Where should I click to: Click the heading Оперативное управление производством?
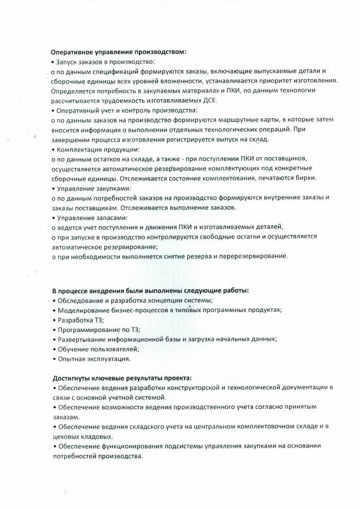[x=118, y=52]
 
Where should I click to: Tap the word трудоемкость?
[x=122, y=100]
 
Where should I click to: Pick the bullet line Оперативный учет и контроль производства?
[x=124, y=110]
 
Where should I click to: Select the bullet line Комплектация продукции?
[x=98, y=149]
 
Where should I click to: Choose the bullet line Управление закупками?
[x=93, y=188]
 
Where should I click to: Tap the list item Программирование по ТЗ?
[x=99, y=330]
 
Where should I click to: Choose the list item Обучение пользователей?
[x=98, y=349]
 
